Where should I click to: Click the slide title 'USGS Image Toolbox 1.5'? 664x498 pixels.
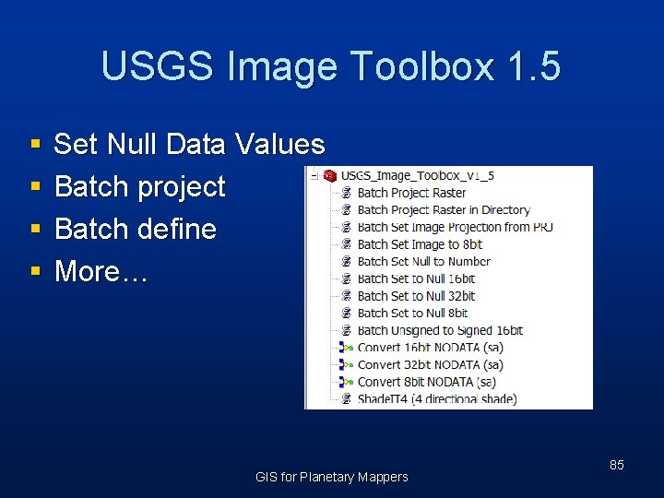(331, 67)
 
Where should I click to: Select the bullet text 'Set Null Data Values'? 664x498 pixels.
(189, 144)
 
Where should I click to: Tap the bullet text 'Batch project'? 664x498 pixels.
(139, 186)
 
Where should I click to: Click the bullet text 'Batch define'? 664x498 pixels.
(135, 229)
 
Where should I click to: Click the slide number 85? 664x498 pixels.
(616, 465)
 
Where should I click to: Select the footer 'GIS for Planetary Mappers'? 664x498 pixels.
(331, 477)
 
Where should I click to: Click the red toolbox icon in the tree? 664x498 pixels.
(329, 176)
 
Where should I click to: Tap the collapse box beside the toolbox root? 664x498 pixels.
(314, 176)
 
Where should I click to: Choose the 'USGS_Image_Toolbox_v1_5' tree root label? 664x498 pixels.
(417, 176)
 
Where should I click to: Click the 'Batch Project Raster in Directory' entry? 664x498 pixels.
(444, 210)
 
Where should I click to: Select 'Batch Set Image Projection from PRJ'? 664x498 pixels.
(455, 227)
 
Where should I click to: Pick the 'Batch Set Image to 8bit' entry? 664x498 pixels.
(420, 244)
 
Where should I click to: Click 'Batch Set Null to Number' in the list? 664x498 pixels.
(423, 261)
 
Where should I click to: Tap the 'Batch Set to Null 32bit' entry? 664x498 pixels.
(416, 296)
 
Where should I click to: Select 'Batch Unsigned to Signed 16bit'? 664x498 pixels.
(440, 330)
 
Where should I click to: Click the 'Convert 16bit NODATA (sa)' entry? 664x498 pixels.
(430, 348)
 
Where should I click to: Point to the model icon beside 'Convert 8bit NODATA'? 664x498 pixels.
(346, 382)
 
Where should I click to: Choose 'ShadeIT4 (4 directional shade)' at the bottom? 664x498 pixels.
(436, 399)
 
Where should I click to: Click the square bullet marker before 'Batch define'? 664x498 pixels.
(35, 230)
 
